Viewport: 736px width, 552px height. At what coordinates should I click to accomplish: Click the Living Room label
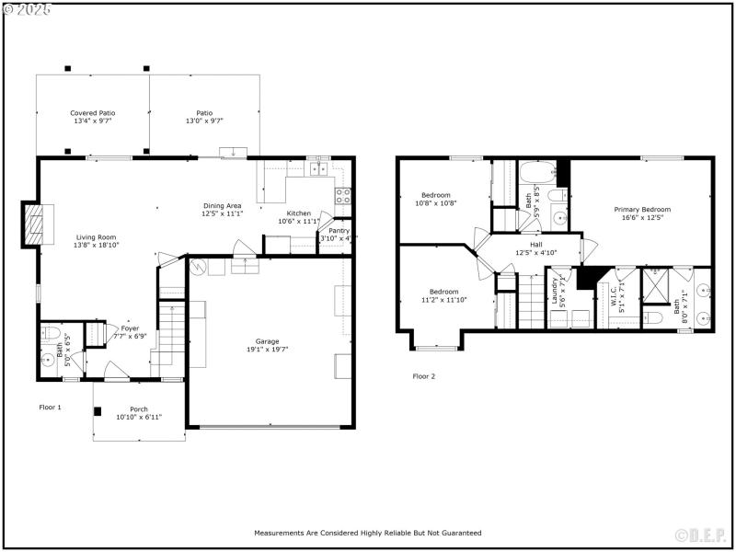(x=96, y=237)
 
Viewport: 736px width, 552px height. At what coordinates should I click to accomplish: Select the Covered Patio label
(x=93, y=113)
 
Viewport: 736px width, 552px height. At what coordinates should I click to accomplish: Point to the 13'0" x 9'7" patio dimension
(x=204, y=121)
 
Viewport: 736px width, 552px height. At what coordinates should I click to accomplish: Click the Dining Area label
(x=222, y=205)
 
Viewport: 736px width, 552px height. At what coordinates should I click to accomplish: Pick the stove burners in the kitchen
(x=342, y=195)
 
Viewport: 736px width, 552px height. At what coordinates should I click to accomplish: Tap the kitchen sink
(x=318, y=167)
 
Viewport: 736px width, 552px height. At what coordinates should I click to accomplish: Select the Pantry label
(x=339, y=231)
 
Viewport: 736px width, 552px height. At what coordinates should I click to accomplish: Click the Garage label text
(x=268, y=341)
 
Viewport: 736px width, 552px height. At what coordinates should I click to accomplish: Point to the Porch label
(x=139, y=409)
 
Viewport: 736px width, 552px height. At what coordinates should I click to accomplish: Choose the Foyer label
(x=130, y=328)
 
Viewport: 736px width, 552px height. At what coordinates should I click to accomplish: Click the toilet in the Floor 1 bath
(x=51, y=333)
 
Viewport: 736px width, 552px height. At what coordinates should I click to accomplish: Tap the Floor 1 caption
(x=50, y=407)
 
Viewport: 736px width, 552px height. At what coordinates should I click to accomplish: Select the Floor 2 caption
(x=423, y=376)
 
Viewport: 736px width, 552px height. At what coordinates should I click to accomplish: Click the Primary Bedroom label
(x=642, y=210)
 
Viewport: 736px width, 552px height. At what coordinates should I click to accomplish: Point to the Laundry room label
(x=555, y=292)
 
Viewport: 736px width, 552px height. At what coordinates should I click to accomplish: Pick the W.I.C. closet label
(x=614, y=295)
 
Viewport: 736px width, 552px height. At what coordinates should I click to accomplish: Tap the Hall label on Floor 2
(x=535, y=245)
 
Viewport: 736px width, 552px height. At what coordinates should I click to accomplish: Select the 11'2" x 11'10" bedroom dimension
(x=444, y=299)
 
